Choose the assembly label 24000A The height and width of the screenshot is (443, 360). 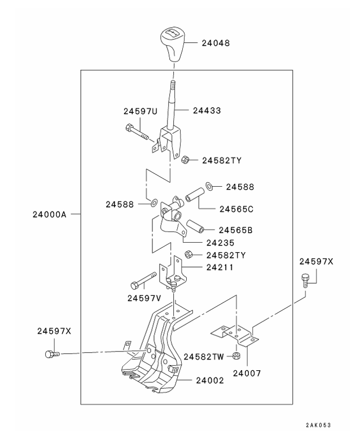coord(50,214)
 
